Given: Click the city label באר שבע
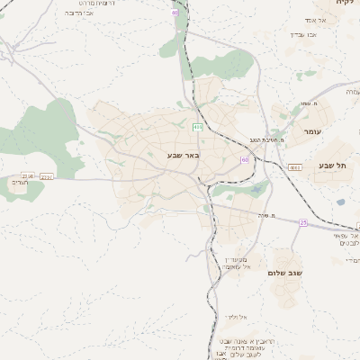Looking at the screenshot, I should (183, 155).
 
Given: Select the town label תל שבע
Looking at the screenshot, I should (333, 166).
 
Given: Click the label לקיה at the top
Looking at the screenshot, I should (345, 4).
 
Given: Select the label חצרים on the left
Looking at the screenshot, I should (20, 183).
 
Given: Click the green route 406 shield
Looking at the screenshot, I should (197, 127).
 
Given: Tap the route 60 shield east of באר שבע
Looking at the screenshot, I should (244, 159).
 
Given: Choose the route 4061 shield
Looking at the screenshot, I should (294, 166).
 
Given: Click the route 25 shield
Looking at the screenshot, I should (303, 221).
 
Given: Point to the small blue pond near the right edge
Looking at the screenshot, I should (340, 202).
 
